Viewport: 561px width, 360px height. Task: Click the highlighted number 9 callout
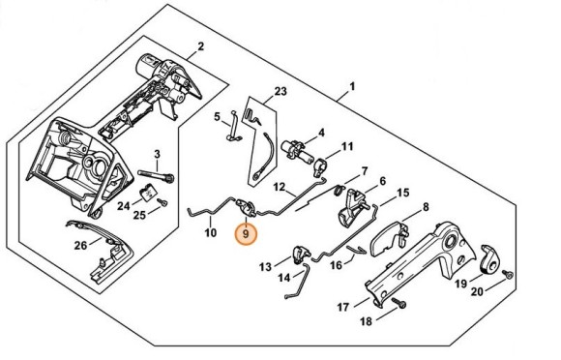[246, 234]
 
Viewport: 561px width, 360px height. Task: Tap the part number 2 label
[201, 46]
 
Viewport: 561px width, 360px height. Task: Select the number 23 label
[280, 91]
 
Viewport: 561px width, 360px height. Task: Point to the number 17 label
[342, 307]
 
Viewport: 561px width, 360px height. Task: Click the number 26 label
[80, 246]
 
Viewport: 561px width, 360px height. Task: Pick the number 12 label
[280, 187]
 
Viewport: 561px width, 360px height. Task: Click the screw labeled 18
[399, 303]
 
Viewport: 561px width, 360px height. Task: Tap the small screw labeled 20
[508, 275]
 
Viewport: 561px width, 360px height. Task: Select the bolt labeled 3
[156, 175]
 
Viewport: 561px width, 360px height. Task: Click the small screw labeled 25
[163, 203]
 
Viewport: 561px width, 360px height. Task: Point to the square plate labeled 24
[147, 194]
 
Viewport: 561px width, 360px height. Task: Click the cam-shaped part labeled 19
[488, 260]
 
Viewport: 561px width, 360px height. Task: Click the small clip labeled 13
[300, 254]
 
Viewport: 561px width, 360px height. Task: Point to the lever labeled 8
[389, 239]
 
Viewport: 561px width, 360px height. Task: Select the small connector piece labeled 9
[246, 208]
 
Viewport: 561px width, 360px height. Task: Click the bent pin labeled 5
[235, 126]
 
